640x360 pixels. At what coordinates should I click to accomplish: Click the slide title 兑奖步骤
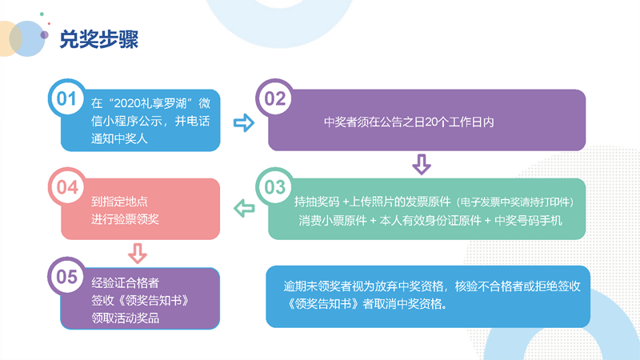tap(98, 39)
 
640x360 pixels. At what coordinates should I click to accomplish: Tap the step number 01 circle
tap(66, 98)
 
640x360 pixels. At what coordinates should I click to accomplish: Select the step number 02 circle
tap(274, 98)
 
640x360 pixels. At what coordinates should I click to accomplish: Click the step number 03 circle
tap(274, 187)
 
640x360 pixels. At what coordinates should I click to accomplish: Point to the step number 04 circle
tap(67, 187)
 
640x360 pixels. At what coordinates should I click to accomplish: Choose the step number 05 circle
tap(67, 276)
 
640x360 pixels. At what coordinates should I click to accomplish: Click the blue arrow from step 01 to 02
tap(244, 122)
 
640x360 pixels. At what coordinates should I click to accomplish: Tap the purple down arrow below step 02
tap(422, 164)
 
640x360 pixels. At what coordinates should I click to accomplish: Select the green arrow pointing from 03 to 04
tap(244, 208)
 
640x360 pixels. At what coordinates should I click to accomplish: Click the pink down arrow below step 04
tap(138, 253)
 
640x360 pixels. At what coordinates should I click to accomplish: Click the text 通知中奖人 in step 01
tap(119, 138)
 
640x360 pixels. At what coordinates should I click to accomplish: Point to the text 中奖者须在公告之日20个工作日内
tap(409, 122)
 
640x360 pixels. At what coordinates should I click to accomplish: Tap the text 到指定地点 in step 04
tap(119, 202)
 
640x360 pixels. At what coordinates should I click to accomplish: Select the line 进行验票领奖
tap(125, 219)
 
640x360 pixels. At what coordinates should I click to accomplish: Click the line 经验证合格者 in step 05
tap(125, 282)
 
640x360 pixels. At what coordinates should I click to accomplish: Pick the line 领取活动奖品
tap(126, 318)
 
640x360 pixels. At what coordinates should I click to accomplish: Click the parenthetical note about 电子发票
tap(514, 202)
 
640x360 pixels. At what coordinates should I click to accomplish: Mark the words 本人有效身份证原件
tap(430, 221)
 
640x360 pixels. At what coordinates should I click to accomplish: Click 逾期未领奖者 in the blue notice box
tap(317, 286)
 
